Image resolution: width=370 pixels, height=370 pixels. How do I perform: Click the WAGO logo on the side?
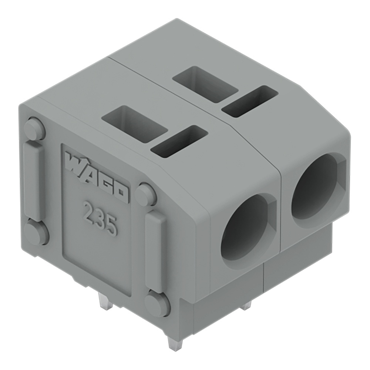(x=97, y=177)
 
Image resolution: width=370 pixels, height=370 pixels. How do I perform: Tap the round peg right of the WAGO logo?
(x=145, y=195)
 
